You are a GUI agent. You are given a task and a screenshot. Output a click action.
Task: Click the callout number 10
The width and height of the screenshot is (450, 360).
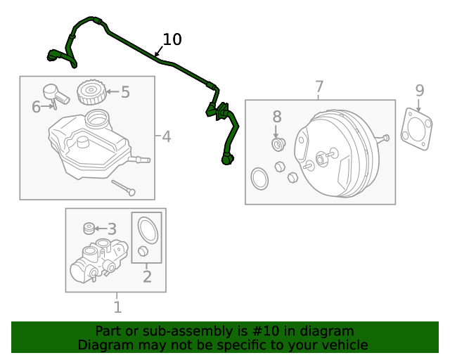[172, 39]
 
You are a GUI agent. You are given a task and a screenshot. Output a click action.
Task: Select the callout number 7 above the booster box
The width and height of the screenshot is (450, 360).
[319, 86]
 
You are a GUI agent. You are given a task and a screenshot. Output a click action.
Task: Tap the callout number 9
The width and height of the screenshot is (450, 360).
[419, 90]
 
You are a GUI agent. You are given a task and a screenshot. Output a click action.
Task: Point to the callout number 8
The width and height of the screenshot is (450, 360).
[277, 117]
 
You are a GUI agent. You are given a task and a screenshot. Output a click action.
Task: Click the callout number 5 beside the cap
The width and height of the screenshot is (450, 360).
[125, 91]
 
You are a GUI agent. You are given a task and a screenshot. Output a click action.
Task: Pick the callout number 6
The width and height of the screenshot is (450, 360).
[37, 107]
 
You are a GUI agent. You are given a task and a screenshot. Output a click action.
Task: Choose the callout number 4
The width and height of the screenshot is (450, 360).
[166, 136]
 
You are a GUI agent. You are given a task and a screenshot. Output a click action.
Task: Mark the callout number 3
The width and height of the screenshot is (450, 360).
[112, 229]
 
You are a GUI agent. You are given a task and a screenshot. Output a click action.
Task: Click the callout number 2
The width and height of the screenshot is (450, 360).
[147, 276]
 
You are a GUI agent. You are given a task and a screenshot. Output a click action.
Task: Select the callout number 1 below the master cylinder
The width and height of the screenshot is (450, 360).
[117, 307]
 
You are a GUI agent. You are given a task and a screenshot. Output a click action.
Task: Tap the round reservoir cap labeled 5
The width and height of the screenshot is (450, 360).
[91, 93]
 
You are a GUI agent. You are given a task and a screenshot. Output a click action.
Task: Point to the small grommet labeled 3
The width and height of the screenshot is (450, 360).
[89, 229]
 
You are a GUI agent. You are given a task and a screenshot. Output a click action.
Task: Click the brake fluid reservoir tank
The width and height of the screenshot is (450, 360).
[88, 144]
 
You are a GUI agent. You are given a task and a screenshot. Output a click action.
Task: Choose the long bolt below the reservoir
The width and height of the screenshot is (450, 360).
[123, 188]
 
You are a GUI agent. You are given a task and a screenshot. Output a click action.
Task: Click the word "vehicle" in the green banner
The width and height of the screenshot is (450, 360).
[344, 345]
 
